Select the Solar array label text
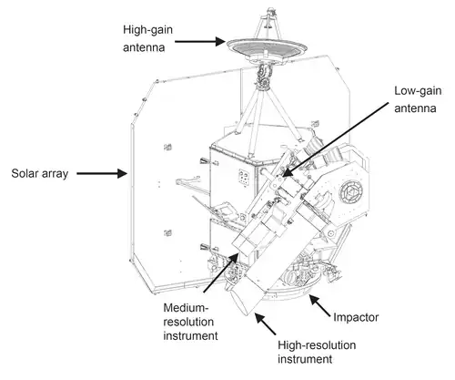[x=39, y=172]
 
